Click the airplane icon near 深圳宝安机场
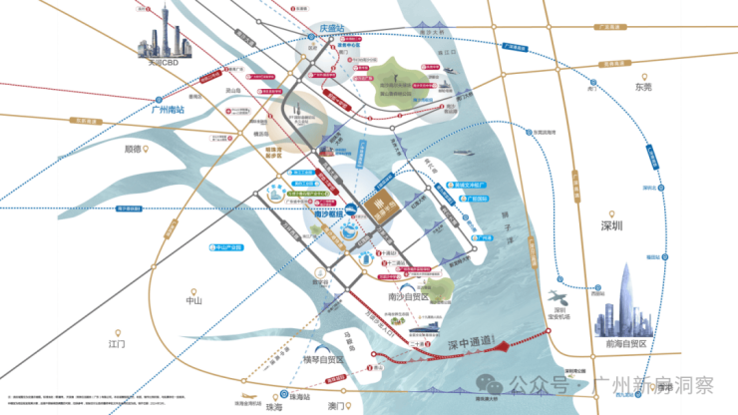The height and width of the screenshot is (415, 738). [556, 297]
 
